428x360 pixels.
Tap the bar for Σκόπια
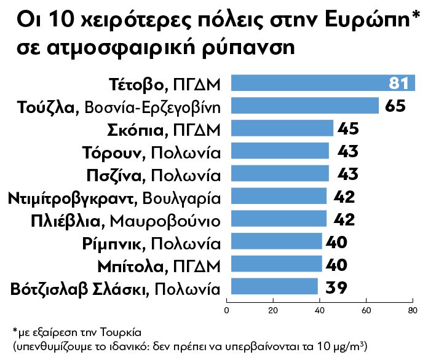point(280,128)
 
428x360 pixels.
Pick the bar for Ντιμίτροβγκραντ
point(277,197)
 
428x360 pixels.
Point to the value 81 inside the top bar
point(400,84)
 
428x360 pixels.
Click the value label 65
point(395,106)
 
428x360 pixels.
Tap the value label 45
point(347,128)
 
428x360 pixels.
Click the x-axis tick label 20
point(274,310)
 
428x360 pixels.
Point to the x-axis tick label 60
point(366,310)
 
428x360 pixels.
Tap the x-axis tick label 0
point(228,310)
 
